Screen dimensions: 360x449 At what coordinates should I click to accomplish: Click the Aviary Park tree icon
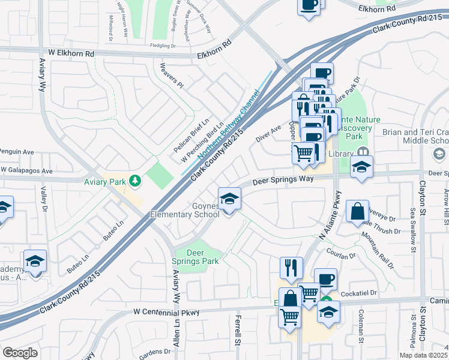[136, 179]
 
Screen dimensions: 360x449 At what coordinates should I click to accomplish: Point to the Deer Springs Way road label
[283, 179]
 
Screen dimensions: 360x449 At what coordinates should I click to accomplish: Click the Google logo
[20, 353]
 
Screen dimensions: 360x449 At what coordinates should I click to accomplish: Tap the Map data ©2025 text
[423, 355]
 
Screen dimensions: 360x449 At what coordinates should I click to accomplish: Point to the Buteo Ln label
[115, 230]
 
